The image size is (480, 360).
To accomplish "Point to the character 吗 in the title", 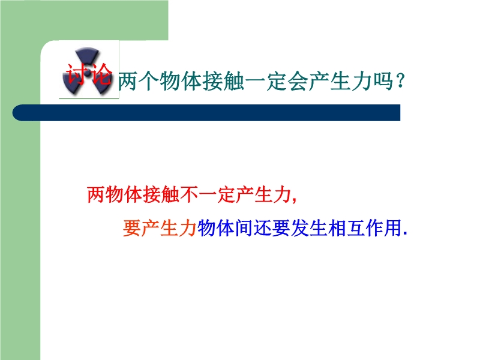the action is [x=383, y=82].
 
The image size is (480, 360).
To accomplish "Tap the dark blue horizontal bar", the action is [x=206, y=113].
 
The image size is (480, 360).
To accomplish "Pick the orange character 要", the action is [x=132, y=228].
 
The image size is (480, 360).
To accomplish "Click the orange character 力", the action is [x=188, y=228].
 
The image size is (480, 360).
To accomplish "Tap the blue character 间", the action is [x=244, y=228].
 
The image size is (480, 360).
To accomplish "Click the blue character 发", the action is [x=299, y=228].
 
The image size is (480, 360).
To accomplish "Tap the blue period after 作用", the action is [x=406, y=234].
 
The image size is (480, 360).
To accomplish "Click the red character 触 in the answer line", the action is [x=170, y=194].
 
